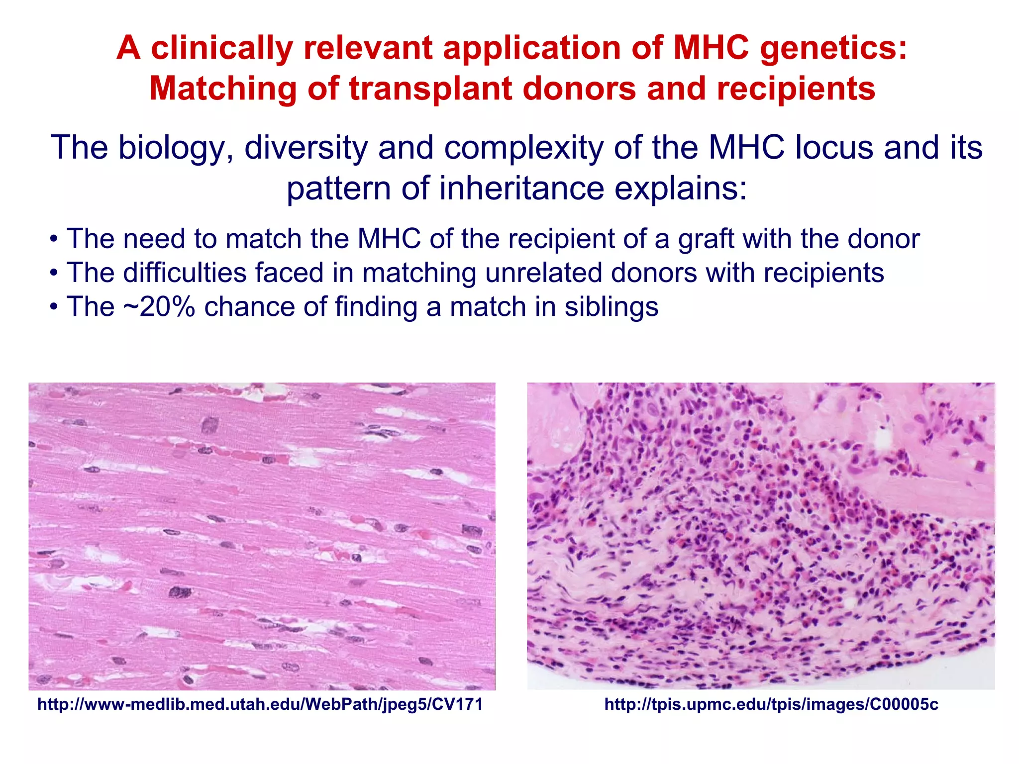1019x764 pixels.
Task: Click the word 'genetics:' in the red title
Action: pos(833,49)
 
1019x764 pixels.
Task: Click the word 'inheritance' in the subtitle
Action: pos(522,189)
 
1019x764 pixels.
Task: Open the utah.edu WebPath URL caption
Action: pos(260,704)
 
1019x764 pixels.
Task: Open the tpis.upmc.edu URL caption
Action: pos(771,704)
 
